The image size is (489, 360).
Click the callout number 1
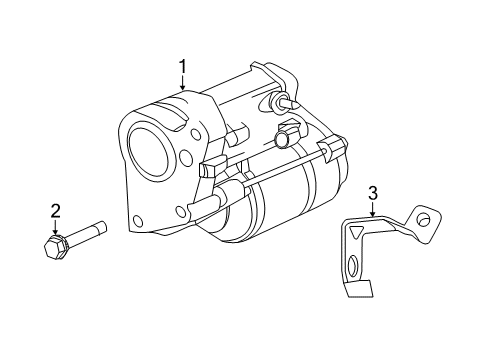pos(183,67)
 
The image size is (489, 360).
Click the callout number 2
pos(56,210)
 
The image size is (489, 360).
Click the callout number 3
pos(372,192)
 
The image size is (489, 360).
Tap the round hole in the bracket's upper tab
pos(424,220)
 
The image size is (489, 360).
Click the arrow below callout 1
pos(183,85)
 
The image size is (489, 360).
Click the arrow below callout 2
pos(56,227)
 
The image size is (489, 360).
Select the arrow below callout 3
pos(372,209)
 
